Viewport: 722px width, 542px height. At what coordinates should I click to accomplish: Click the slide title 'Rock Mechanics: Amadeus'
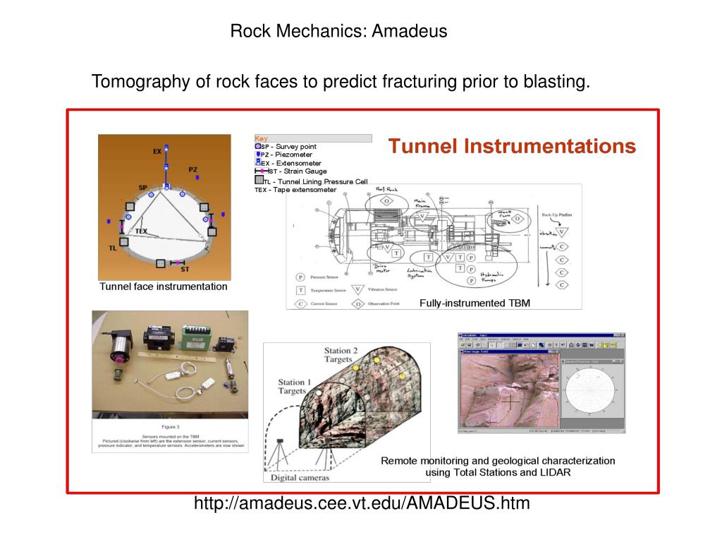tap(338, 32)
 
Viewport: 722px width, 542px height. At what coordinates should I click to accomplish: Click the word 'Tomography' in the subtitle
tap(141, 82)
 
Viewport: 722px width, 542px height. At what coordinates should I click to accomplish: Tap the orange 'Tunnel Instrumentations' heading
tap(512, 147)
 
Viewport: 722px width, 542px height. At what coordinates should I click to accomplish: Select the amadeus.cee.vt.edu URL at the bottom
tap(362, 503)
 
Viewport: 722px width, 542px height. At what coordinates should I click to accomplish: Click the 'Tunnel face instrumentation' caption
tap(164, 287)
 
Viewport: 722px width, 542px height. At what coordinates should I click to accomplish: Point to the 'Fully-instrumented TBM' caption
tap(475, 303)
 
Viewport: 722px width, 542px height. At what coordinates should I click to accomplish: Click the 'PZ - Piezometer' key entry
tap(286, 155)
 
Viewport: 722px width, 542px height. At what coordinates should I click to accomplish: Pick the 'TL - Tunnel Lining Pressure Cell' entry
tap(315, 181)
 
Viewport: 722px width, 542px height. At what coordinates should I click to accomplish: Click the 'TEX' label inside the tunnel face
tap(142, 231)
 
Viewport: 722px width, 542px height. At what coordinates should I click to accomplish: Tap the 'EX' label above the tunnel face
tap(157, 151)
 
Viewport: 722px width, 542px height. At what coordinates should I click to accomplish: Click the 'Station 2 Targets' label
tap(341, 355)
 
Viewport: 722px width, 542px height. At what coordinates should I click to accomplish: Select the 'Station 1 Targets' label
tap(292, 387)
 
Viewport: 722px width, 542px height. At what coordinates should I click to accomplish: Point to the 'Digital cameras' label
tap(300, 478)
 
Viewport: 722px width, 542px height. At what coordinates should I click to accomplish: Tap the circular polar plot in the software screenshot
tap(592, 390)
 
